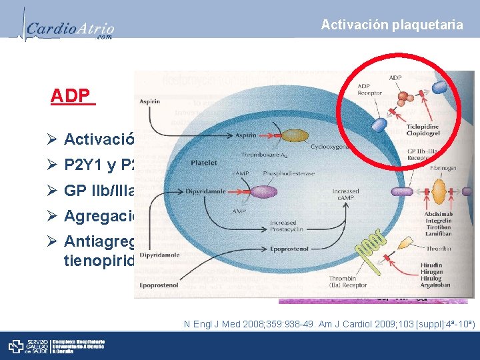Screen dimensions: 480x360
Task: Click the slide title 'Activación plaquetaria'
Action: pos(392,25)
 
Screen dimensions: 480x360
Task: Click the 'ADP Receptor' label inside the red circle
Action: pos(370,90)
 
